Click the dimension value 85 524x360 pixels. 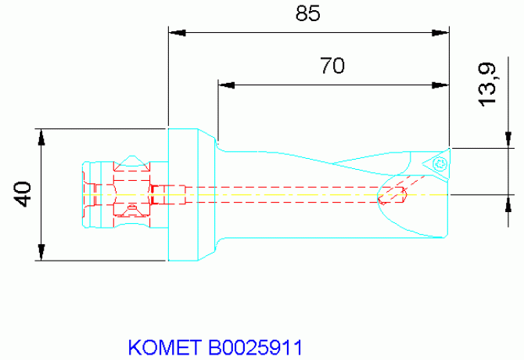308,15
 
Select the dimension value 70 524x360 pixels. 332,66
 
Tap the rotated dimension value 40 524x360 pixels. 24,193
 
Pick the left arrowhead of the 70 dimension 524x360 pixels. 225,84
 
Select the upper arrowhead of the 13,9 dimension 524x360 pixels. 509,139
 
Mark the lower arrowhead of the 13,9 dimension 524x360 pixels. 509,201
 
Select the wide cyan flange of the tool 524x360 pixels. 188,193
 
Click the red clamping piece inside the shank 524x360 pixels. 131,188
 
